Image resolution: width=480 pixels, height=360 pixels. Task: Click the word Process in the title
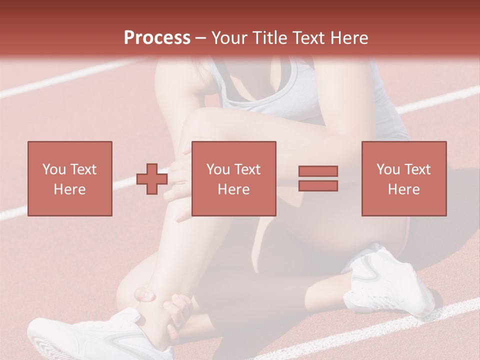coord(157,37)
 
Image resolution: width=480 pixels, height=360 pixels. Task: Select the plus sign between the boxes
coord(152,179)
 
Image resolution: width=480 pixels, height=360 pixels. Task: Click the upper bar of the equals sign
coord(318,171)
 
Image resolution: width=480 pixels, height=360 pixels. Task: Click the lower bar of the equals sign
coord(318,185)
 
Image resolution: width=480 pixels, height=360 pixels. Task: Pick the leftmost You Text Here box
coord(70,178)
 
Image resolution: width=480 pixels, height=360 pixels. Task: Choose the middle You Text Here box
coord(233,178)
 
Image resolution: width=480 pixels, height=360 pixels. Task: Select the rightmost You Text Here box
coord(404,178)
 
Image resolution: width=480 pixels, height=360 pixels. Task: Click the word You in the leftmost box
coord(53,169)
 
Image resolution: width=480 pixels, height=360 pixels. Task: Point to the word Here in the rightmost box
coord(404,189)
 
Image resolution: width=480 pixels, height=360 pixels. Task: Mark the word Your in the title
coord(229,37)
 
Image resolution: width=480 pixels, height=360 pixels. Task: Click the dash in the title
coord(200,37)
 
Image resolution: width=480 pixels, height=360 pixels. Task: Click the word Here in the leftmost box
coord(70,189)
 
